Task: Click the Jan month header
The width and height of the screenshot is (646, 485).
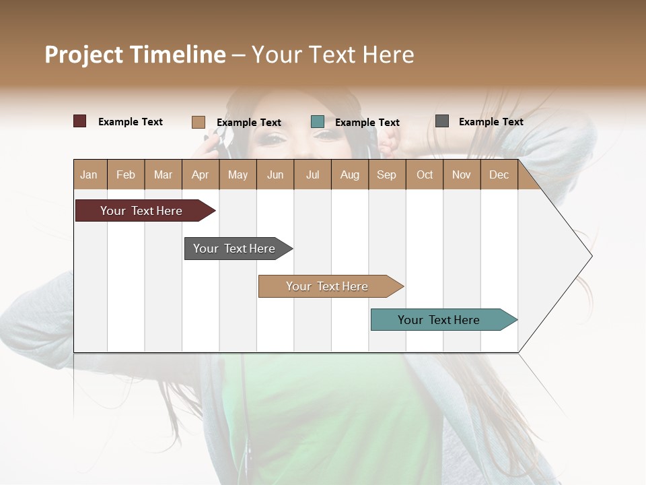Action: (x=89, y=174)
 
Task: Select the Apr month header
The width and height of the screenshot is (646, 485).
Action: (x=201, y=174)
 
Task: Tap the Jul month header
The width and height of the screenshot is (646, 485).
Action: (x=312, y=174)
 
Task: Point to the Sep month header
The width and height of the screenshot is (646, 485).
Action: (x=387, y=174)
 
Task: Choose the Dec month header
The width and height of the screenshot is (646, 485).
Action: (x=499, y=174)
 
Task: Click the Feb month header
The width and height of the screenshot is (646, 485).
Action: (x=126, y=174)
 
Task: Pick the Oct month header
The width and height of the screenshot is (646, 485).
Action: (x=425, y=174)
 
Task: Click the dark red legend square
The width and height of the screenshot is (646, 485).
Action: (x=80, y=121)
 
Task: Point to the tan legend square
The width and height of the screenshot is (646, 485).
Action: (x=199, y=122)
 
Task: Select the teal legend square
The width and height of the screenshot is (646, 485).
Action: (x=318, y=122)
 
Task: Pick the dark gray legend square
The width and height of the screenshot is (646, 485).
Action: (x=442, y=121)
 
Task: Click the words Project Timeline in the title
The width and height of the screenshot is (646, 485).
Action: (x=135, y=55)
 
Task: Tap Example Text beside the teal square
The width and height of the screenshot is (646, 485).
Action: (x=367, y=123)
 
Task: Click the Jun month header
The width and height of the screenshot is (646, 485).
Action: (x=275, y=174)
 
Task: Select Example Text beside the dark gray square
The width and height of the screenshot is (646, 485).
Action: (x=491, y=122)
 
